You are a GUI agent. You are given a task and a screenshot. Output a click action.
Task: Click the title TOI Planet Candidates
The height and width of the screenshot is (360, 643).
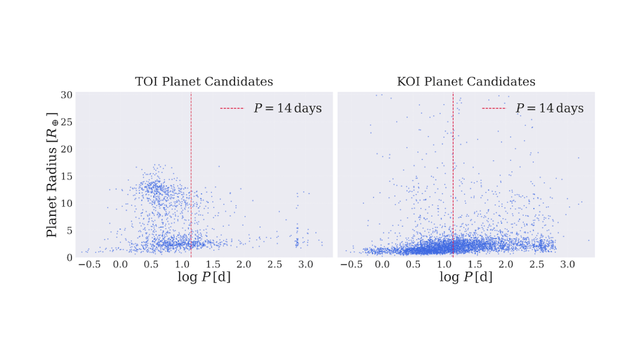(204, 82)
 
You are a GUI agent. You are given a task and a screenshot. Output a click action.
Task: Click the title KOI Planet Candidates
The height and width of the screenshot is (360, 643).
(466, 82)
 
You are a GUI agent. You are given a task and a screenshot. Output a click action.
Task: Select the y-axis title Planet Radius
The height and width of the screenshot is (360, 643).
(52, 174)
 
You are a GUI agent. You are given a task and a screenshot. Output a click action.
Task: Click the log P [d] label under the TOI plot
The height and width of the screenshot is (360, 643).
(204, 277)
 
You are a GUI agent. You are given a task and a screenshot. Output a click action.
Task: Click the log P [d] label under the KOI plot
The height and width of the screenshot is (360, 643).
(466, 277)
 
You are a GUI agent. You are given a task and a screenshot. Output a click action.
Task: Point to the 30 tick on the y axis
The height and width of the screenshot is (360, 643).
(67, 95)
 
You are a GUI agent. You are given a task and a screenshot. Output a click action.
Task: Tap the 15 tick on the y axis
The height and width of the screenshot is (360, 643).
(67, 176)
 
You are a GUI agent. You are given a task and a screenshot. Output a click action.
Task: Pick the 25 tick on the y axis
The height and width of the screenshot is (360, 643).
(67, 122)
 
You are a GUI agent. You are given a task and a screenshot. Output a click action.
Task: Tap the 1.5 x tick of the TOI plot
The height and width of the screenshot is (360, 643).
(213, 264)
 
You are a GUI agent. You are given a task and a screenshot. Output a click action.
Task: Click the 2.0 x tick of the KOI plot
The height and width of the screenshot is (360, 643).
(506, 264)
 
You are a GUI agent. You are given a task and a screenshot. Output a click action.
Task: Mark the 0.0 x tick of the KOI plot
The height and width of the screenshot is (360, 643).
(383, 264)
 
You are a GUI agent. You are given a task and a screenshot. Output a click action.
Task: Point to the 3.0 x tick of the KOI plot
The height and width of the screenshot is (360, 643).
(568, 264)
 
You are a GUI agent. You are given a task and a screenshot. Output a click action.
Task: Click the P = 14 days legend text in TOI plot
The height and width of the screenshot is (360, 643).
(287, 108)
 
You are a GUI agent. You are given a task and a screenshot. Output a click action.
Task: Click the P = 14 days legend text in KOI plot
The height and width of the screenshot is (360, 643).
(549, 108)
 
